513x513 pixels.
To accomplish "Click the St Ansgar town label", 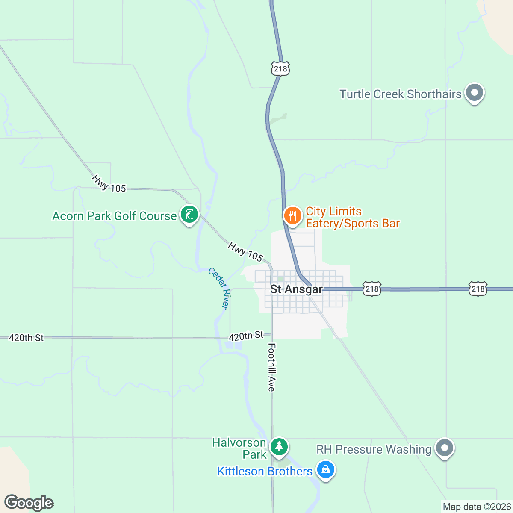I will (296, 289).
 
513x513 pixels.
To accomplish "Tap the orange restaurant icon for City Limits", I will (292, 215).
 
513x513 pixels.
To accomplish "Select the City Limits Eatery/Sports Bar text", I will (352, 218).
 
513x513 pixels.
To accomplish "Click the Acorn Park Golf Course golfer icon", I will (189, 214).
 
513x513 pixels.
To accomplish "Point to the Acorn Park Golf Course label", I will (114, 216).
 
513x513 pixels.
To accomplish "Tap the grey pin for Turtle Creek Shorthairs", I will (474, 93).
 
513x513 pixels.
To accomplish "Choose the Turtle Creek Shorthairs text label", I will (400, 94).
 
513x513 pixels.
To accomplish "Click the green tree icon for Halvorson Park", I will (279, 446).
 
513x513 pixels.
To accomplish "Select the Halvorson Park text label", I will (239, 448).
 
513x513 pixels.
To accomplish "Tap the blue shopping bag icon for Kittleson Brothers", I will (326, 470).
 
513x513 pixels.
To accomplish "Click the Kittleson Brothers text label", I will (265, 471).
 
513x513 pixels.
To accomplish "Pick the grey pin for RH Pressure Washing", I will (445, 448).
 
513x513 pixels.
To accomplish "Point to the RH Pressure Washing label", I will (374, 449).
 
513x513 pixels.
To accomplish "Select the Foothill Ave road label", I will (271, 367).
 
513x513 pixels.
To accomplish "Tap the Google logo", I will (29, 503).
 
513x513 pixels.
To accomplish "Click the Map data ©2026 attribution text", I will (476, 507).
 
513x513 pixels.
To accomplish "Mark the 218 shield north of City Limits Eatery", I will (280, 68).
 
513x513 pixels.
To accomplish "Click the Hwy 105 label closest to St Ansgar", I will (245, 252).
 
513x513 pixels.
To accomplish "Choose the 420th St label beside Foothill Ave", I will (246, 336).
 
